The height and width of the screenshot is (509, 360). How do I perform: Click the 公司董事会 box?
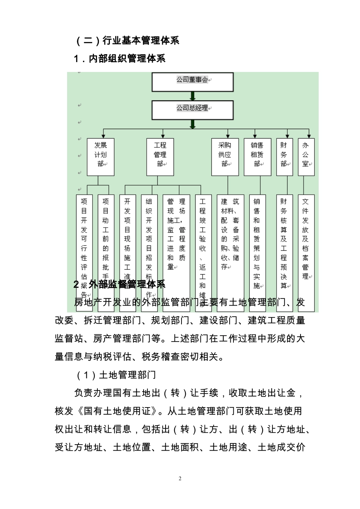click(x=193, y=82)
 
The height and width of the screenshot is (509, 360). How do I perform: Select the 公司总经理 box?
click(x=193, y=110)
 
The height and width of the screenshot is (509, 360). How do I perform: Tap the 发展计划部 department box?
click(x=100, y=157)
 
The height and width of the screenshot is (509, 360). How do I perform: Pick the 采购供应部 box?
click(x=225, y=157)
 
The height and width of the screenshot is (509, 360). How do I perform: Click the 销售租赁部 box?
click(x=257, y=157)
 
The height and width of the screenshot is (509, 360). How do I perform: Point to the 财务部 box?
click(x=284, y=157)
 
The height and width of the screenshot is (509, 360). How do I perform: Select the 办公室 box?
click(x=306, y=157)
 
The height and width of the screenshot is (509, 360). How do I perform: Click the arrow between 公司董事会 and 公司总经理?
click(x=193, y=96)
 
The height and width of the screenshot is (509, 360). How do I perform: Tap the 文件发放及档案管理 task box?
click(x=306, y=242)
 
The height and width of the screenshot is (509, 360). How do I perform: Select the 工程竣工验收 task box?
click(x=203, y=242)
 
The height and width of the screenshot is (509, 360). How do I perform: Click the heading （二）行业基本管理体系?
click(x=127, y=41)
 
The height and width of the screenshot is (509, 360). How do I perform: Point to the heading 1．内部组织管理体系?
click(x=120, y=59)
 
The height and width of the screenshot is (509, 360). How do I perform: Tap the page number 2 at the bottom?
click(x=180, y=478)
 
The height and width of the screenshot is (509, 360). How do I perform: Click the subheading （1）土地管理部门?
click(x=116, y=375)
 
